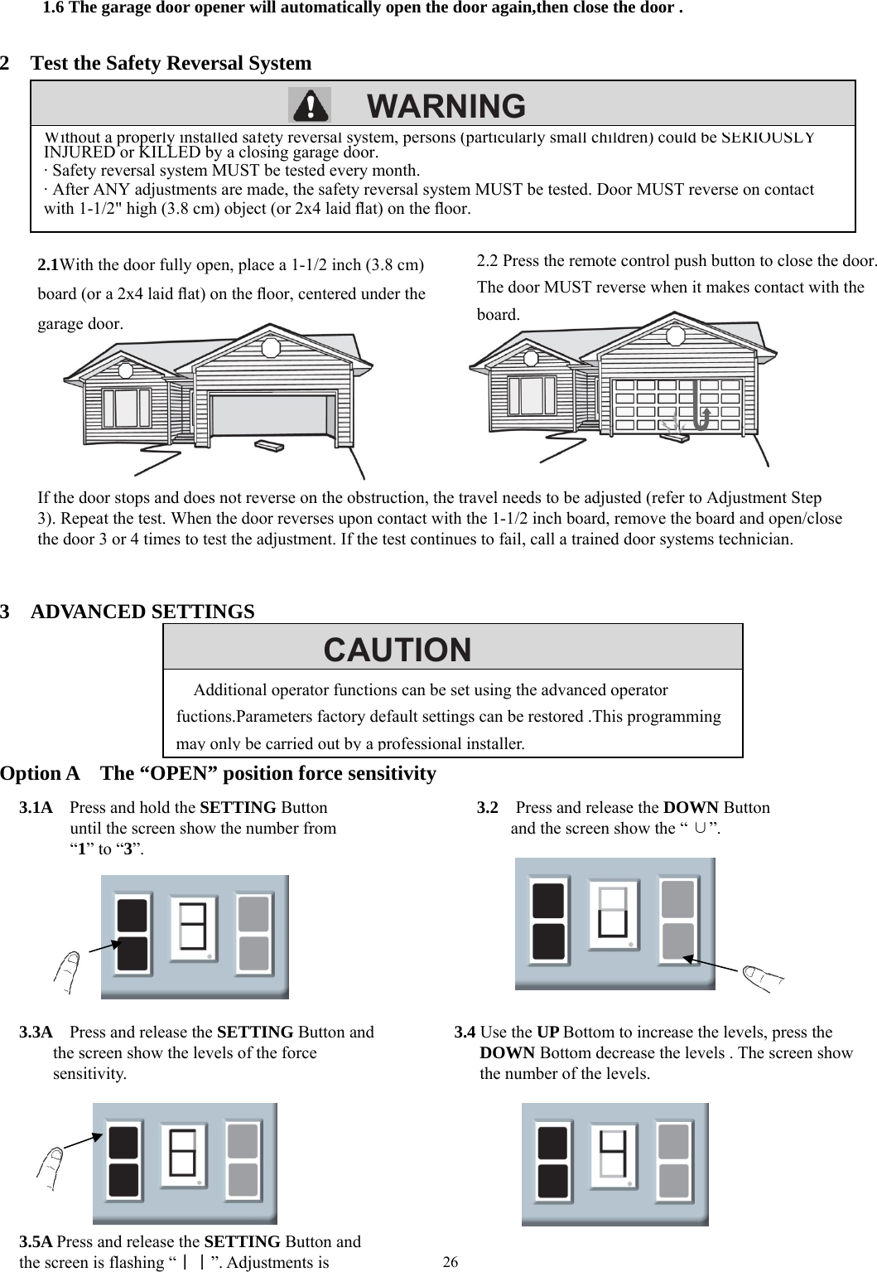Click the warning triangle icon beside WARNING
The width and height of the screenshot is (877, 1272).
tap(309, 105)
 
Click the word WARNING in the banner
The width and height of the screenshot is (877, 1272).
tap(446, 106)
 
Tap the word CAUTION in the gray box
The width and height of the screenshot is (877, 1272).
tap(398, 650)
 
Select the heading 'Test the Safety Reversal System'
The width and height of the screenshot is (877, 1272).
tap(171, 63)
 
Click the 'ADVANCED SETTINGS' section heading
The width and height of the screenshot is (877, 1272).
tap(142, 612)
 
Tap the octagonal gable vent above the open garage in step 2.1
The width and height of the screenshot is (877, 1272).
tap(271, 346)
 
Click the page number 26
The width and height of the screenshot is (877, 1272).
tap(451, 1261)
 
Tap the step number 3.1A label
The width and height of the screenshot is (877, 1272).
tap(36, 807)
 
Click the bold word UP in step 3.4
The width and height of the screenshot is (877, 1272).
tap(548, 1032)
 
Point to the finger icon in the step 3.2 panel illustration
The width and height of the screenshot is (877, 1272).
tap(762, 978)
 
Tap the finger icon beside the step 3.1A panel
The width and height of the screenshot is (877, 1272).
tap(65, 970)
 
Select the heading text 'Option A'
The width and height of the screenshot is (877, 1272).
tap(41, 773)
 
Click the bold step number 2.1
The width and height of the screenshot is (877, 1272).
tap(48, 265)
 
